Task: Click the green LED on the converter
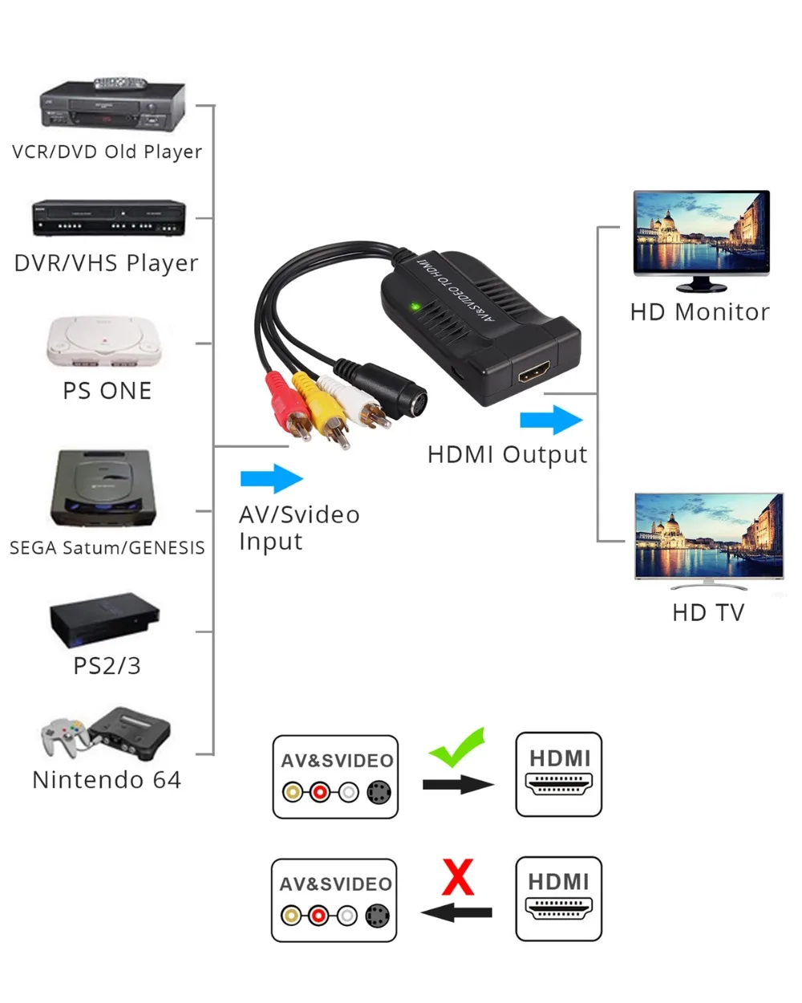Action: coord(415,307)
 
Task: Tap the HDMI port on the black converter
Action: coord(534,372)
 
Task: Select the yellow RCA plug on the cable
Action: coord(322,408)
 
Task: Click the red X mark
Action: coord(458,877)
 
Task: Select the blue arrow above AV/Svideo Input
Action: coord(272,478)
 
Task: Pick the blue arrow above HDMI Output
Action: coord(551,420)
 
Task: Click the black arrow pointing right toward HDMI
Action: coord(459,785)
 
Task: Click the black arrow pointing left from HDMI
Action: coord(456,912)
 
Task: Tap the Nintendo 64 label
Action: coord(107,780)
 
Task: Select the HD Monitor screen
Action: coord(701,232)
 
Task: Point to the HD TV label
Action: coord(708,612)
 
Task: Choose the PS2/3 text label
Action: coord(107,665)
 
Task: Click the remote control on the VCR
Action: coord(120,83)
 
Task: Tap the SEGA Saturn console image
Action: coord(103,488)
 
